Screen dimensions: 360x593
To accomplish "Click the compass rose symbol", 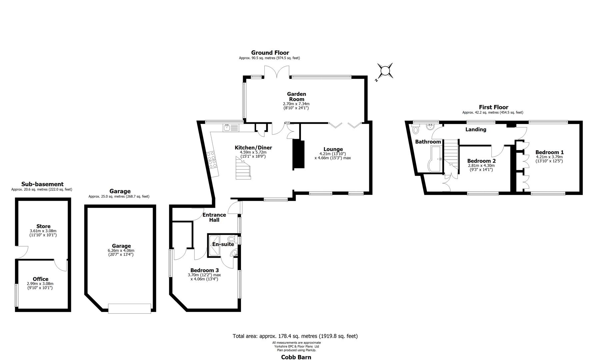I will [x=385, y=71].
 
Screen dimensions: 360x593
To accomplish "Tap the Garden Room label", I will [x=296, y=97].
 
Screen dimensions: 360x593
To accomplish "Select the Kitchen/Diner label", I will [x=253, y=148].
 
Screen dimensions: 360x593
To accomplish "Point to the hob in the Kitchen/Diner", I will [x=211, y=160].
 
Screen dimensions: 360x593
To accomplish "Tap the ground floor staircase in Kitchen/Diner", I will [x=243, y=168].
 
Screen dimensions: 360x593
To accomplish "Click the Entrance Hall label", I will [x=214, y=217].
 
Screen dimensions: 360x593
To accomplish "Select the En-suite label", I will [x=223, y=244].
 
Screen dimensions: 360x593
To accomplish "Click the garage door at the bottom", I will [x=130, y=308].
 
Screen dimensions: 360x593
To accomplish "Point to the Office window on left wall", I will [x=16, y=295].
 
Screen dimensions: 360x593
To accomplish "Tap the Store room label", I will [x=43, y=226].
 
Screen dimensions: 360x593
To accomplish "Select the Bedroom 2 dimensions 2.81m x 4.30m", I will [x=481, y=165].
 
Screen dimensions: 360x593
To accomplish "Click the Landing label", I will [x=476, y=129].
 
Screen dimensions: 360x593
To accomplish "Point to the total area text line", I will [x=295, y=336].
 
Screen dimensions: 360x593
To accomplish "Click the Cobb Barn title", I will [x=296, y=357].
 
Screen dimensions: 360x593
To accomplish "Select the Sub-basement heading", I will [x=42, y=184].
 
